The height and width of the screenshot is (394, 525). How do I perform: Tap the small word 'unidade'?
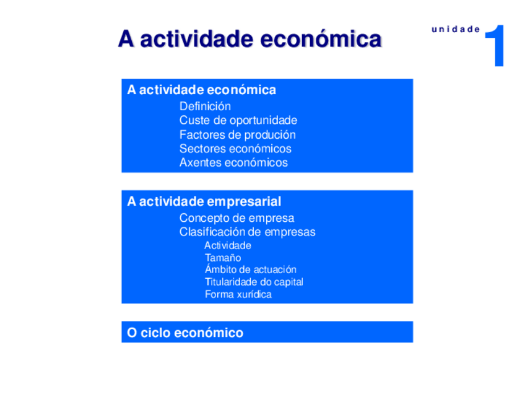click(456, 29)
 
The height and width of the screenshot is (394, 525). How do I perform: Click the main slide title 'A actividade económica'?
click(249, 39)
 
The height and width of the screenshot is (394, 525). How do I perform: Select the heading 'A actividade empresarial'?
click(204, 201)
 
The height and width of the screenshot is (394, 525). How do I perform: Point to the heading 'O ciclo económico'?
click(184, 333)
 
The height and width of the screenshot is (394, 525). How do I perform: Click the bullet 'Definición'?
click(205, 106)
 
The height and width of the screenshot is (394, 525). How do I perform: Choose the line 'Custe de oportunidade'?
click(238, 120)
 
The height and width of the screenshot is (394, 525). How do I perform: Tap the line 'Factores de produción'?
click(237, 134)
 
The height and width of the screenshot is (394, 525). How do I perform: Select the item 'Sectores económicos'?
click(235, 149)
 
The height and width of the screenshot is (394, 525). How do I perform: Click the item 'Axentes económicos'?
click(233, 163)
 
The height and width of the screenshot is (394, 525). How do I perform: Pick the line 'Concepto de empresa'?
click(236, 218)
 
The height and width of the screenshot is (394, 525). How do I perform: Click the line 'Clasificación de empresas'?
click(247, 232)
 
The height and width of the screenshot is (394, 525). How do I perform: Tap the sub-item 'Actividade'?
click(228, 245)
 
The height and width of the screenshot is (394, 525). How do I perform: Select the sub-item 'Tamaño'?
click(223, 258)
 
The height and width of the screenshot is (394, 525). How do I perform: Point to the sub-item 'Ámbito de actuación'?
click(250, 269)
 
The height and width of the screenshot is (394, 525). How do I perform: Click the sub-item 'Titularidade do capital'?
click(254, 282)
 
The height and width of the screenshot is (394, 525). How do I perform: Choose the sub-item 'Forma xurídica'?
click(238, 294)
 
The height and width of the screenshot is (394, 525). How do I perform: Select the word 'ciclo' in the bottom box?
click(155, 333)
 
